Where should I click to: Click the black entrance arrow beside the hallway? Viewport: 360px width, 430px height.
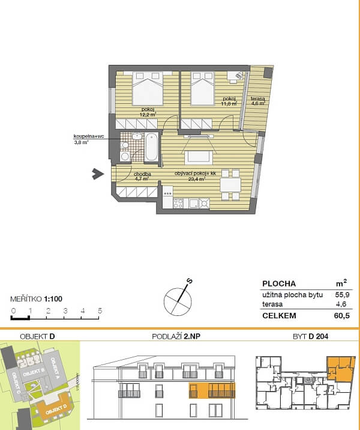click(95, 174)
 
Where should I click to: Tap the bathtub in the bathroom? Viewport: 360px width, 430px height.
click(151, 147)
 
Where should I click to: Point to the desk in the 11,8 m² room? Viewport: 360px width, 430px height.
click(235, 76)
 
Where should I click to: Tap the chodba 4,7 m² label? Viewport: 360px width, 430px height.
click(142, 176)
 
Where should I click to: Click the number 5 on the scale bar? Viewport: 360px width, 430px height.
click(100, 310)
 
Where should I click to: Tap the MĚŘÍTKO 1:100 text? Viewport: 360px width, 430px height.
click(37, 298)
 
